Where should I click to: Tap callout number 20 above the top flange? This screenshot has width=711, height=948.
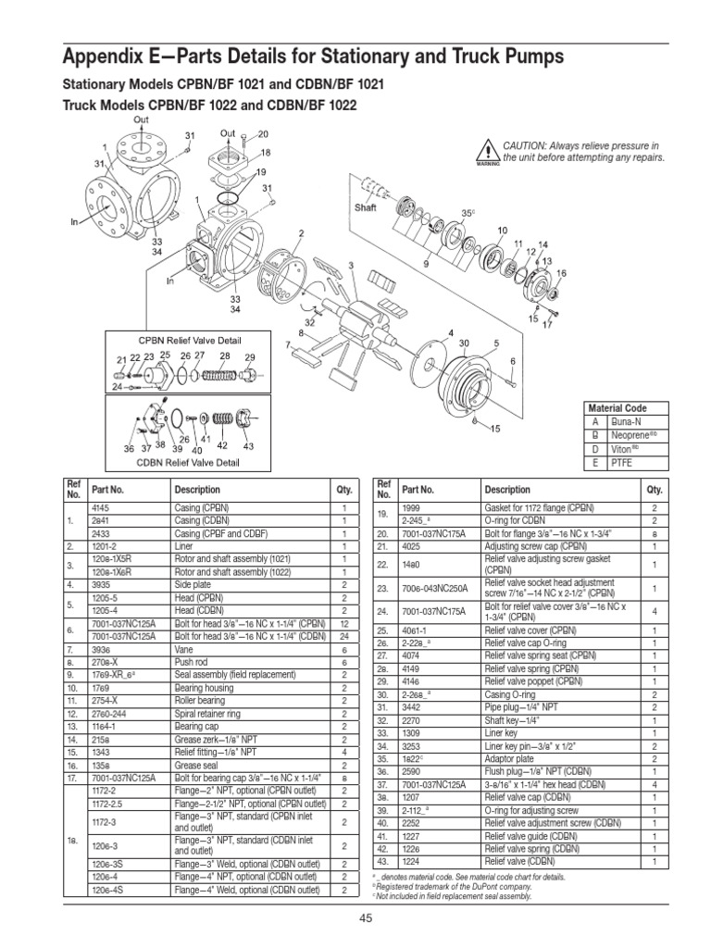point(262,133)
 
